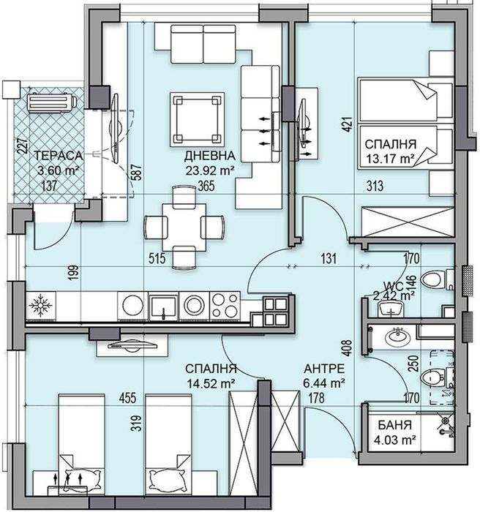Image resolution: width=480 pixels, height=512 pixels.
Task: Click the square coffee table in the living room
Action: coord(196,118)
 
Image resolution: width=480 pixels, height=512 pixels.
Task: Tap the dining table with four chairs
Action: coord(183,224)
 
